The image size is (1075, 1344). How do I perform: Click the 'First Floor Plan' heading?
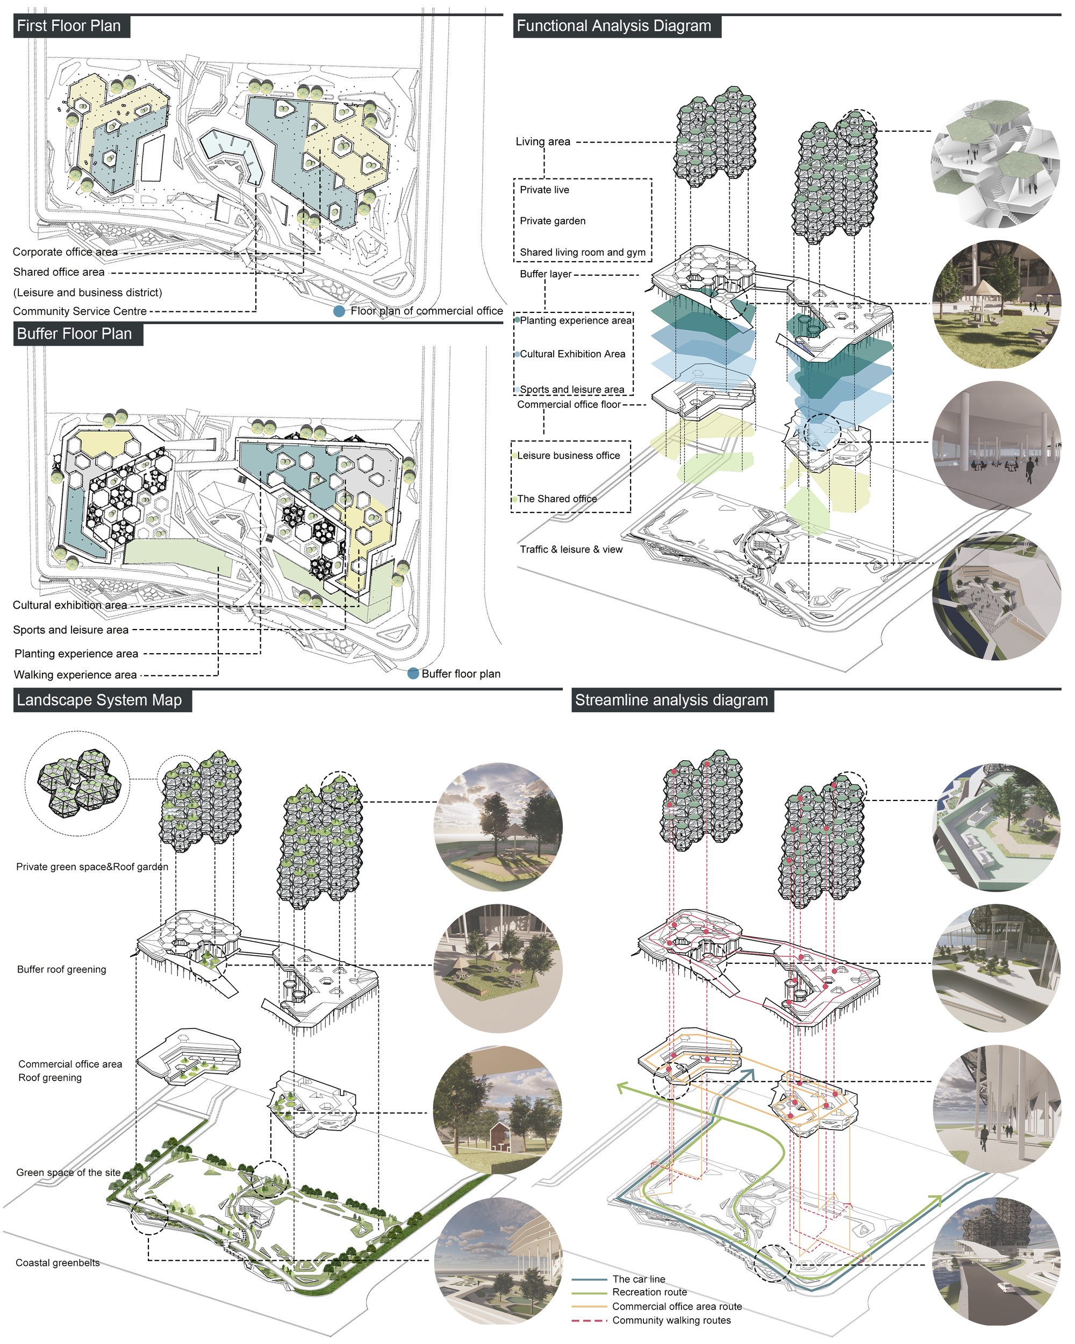click(69, 26)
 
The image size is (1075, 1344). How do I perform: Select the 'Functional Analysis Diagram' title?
click(614, 26)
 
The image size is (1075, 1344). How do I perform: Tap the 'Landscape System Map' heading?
click(99, 700)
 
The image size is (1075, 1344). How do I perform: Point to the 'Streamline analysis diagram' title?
click(671, 700)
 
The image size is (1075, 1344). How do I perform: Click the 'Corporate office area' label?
click(65, 252)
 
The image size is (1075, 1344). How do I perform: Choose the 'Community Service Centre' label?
click(80, 311)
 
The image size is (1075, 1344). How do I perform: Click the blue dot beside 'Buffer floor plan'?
click(413, 673)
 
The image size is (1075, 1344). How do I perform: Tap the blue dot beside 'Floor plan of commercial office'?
click(339, 311)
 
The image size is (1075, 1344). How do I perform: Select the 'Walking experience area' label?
click(75, 675)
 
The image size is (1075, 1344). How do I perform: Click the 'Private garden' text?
click(553, 220)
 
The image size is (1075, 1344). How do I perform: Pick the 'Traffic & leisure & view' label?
click(571, 549)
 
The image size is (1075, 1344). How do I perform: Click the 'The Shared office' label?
click(557, 499)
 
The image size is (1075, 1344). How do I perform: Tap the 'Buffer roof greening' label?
click(62, 969)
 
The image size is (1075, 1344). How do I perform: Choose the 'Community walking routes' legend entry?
click(671, 1320)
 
